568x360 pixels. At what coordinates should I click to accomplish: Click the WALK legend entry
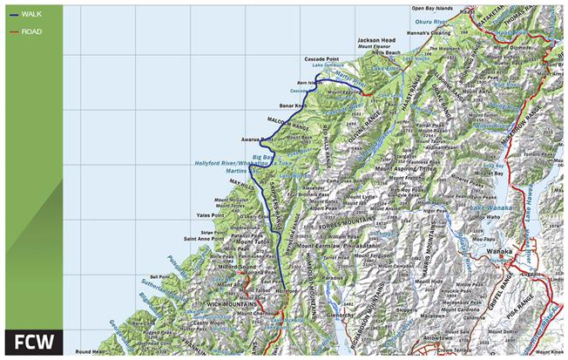(31, 14)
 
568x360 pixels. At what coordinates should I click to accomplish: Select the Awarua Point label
(257, 139)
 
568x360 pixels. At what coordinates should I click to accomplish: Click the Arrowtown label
(444, 332)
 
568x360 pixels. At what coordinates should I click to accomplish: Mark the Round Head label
(90, 352)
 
